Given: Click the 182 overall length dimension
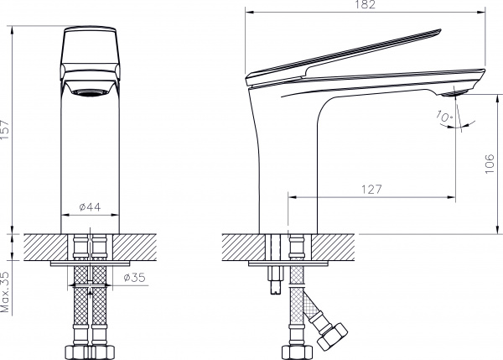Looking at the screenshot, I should (365, 6).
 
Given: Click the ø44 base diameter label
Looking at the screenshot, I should (90, 206).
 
